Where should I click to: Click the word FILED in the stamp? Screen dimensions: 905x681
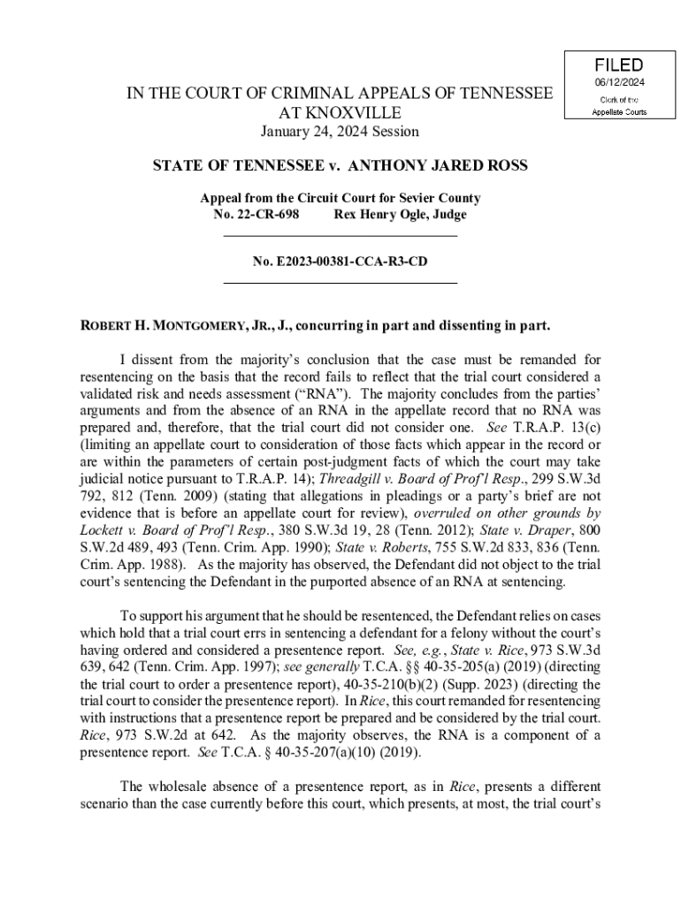[619, 65]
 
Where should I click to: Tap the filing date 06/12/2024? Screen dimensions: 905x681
[619, 83]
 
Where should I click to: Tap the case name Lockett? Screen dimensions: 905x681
[103, 529]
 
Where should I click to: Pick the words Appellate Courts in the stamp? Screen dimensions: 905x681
[619, 112]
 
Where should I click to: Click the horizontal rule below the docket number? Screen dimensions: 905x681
[340, 282]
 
